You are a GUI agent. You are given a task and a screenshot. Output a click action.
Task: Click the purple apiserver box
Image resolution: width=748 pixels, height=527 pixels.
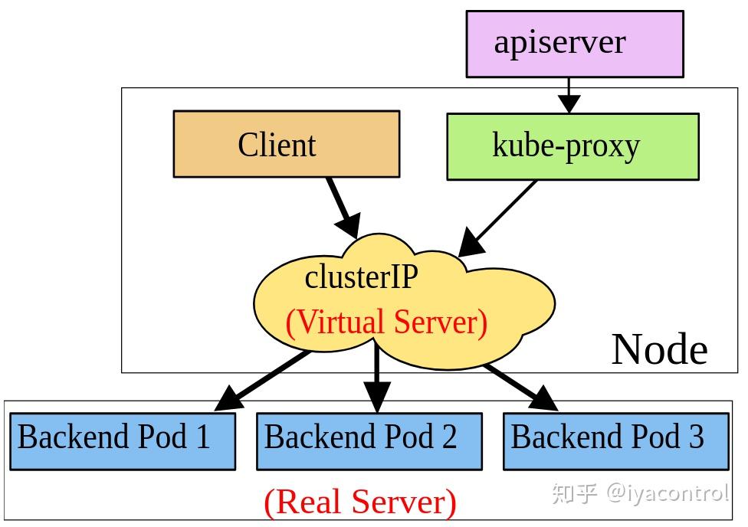(575, 44)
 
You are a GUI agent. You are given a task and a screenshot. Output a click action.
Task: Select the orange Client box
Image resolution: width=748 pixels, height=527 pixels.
(286, 144)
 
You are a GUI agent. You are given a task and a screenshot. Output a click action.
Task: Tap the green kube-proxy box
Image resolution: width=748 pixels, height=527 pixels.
(572, 146)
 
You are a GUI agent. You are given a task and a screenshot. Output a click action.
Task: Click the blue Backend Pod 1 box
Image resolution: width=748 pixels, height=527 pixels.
(122, 440)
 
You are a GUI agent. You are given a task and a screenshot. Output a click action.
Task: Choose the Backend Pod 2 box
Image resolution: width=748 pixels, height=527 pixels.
(369, 440)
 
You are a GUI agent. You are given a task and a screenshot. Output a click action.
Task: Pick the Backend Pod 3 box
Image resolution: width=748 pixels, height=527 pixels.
(615, 440)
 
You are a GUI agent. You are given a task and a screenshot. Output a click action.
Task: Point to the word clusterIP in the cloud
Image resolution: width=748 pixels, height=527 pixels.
(361, 277)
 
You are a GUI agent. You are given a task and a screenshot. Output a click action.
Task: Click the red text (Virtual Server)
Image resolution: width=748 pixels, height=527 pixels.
(386, 322)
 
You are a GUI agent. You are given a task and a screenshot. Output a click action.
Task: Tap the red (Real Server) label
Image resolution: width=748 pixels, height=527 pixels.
(360, 502)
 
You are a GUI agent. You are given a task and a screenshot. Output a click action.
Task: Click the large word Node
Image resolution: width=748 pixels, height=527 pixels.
(659, 349)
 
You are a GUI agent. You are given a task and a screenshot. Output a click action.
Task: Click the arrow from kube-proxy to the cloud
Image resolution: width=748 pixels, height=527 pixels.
(497, 219)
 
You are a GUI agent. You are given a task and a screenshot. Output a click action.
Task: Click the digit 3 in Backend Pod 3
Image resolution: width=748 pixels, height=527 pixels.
(695, 437)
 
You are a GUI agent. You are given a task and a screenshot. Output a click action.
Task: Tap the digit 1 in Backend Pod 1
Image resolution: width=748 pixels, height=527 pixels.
(202, 437)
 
